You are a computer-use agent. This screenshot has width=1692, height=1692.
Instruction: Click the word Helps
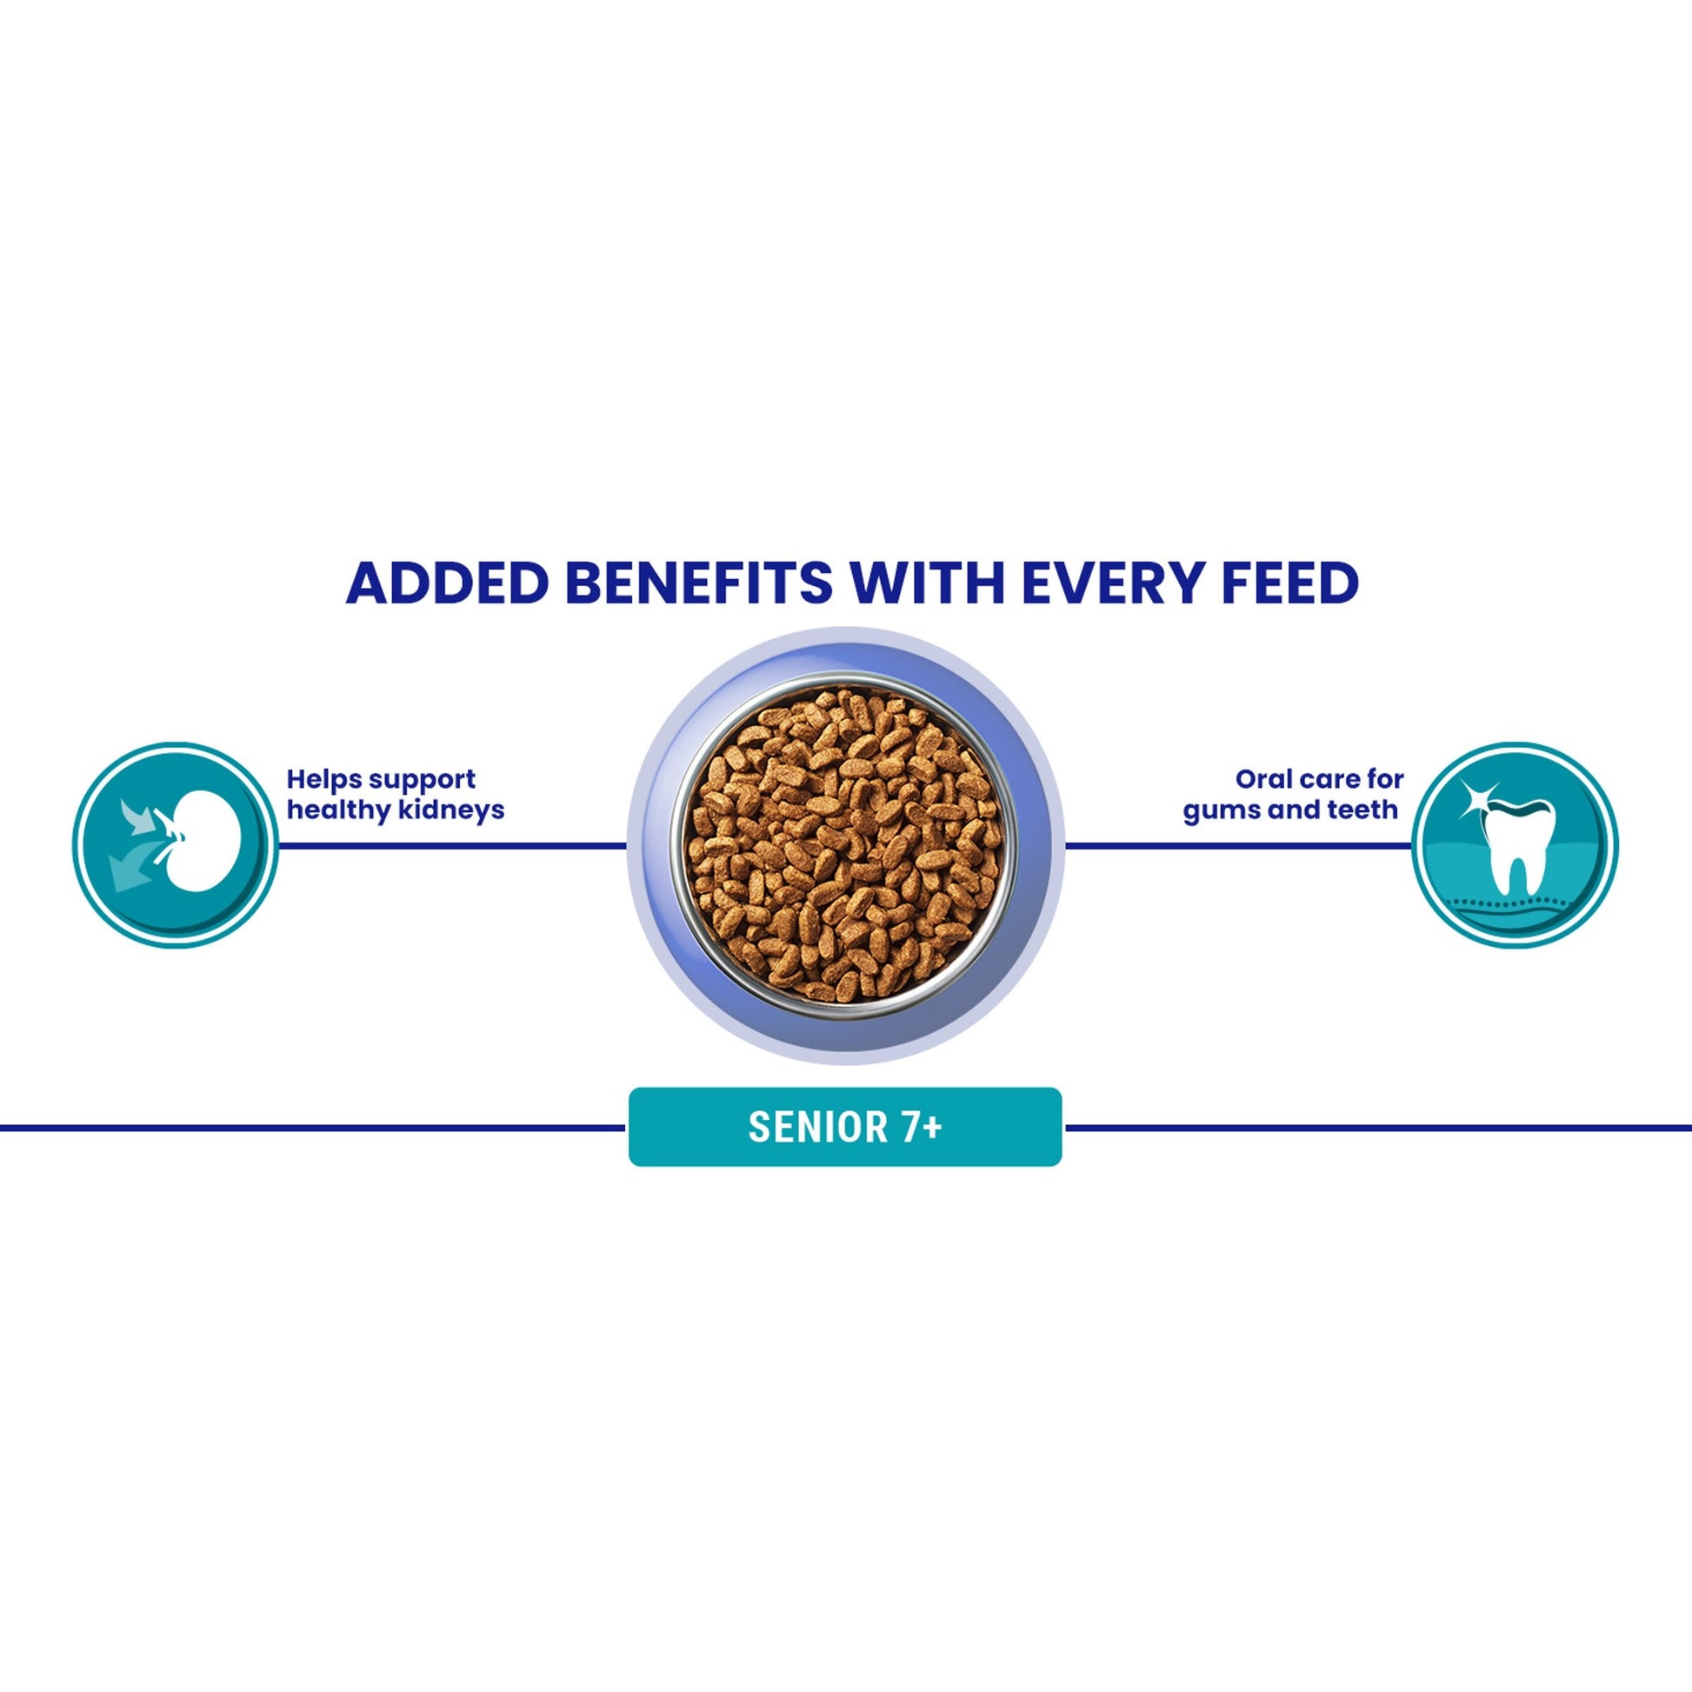[321, 779]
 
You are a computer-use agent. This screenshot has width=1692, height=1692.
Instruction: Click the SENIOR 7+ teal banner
[845, 1127]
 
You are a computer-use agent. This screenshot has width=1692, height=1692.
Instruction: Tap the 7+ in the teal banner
[922, 1127]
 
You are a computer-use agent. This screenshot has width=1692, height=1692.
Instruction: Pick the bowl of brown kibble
[845, 845]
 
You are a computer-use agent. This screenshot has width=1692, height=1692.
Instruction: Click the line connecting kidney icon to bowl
[453, 846]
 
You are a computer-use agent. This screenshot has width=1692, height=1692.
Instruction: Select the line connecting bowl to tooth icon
[1239, 846]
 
